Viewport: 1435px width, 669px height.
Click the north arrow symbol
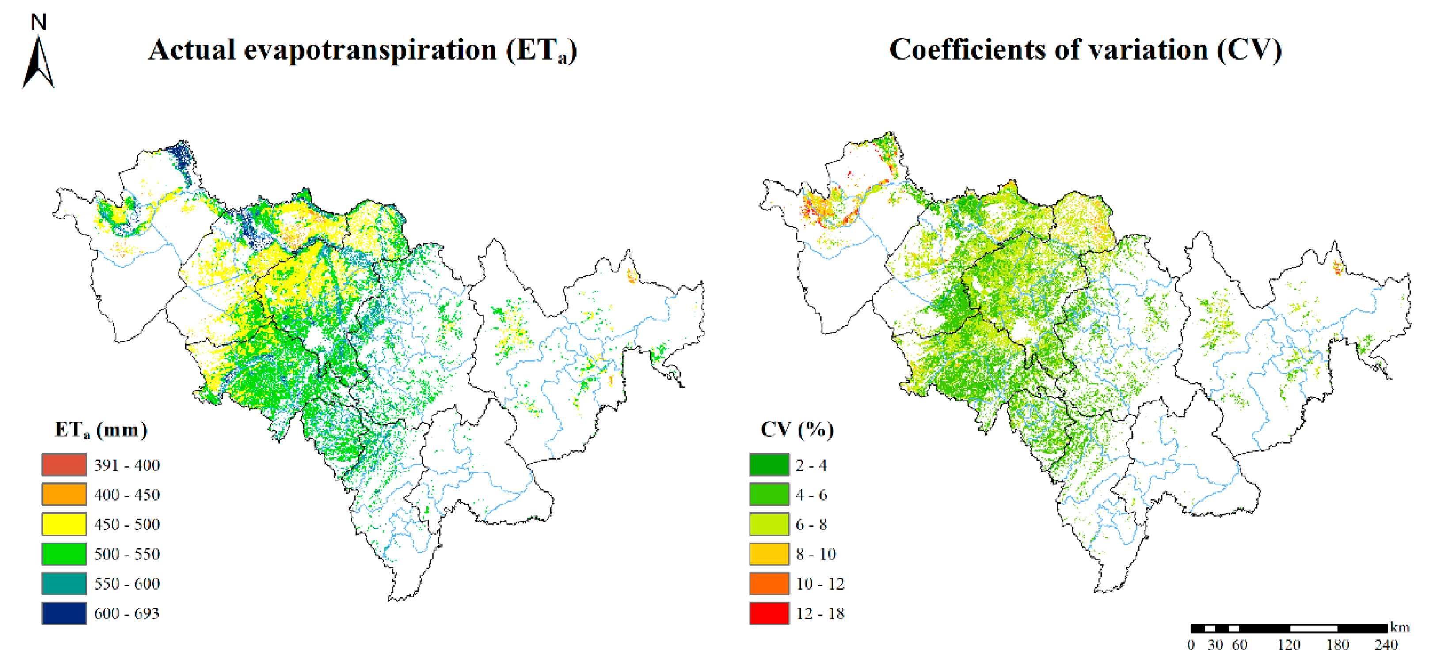(38, 62)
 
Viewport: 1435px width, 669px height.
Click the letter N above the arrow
(38, 22)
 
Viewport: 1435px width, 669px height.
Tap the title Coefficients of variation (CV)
(1085, 50)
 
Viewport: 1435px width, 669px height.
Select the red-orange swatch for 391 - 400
(64, 465)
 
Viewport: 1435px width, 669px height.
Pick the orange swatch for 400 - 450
(64, 494)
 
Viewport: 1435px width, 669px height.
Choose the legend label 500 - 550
(127, 554)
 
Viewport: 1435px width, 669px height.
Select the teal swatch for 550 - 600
(64, 583)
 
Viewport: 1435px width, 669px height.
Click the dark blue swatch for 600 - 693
(64, 613)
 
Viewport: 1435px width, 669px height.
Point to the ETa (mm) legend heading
(101, 430)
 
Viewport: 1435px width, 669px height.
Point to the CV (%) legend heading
(796, 430)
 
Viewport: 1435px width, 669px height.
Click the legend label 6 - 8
(811, 524)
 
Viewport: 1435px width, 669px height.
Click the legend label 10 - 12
(820, 583)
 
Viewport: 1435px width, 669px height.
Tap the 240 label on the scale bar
(1386, 645)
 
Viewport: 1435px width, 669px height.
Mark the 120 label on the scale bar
(1288, 645)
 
